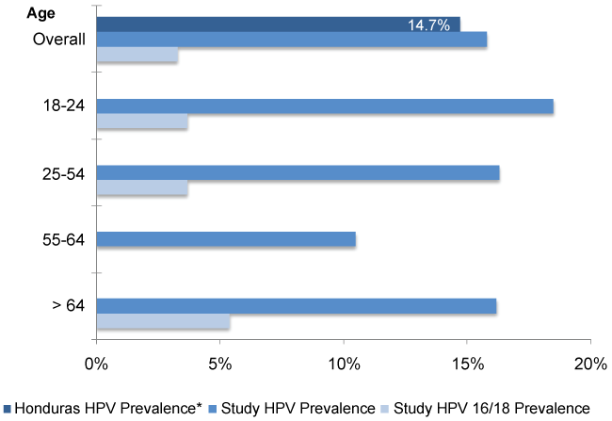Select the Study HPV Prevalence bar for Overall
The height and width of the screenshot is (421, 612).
[291, 40]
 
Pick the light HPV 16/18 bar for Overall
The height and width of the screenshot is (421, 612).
[137, 56]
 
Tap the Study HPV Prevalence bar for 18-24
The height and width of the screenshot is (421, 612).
[325, 106]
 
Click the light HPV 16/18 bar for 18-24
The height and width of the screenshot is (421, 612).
[142, 122]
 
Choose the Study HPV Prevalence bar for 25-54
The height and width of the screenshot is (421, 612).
[298, 172]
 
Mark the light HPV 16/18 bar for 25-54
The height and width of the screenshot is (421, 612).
[142, 188]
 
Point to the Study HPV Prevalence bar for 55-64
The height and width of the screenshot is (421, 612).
[226, 239]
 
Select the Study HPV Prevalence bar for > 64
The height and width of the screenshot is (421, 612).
[297, 306]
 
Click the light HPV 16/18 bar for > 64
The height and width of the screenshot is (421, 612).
[163, 322]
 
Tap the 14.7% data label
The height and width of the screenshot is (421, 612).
[427, 24]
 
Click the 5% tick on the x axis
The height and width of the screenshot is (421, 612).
[219, 364]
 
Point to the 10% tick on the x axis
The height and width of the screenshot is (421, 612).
[343, 364]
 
